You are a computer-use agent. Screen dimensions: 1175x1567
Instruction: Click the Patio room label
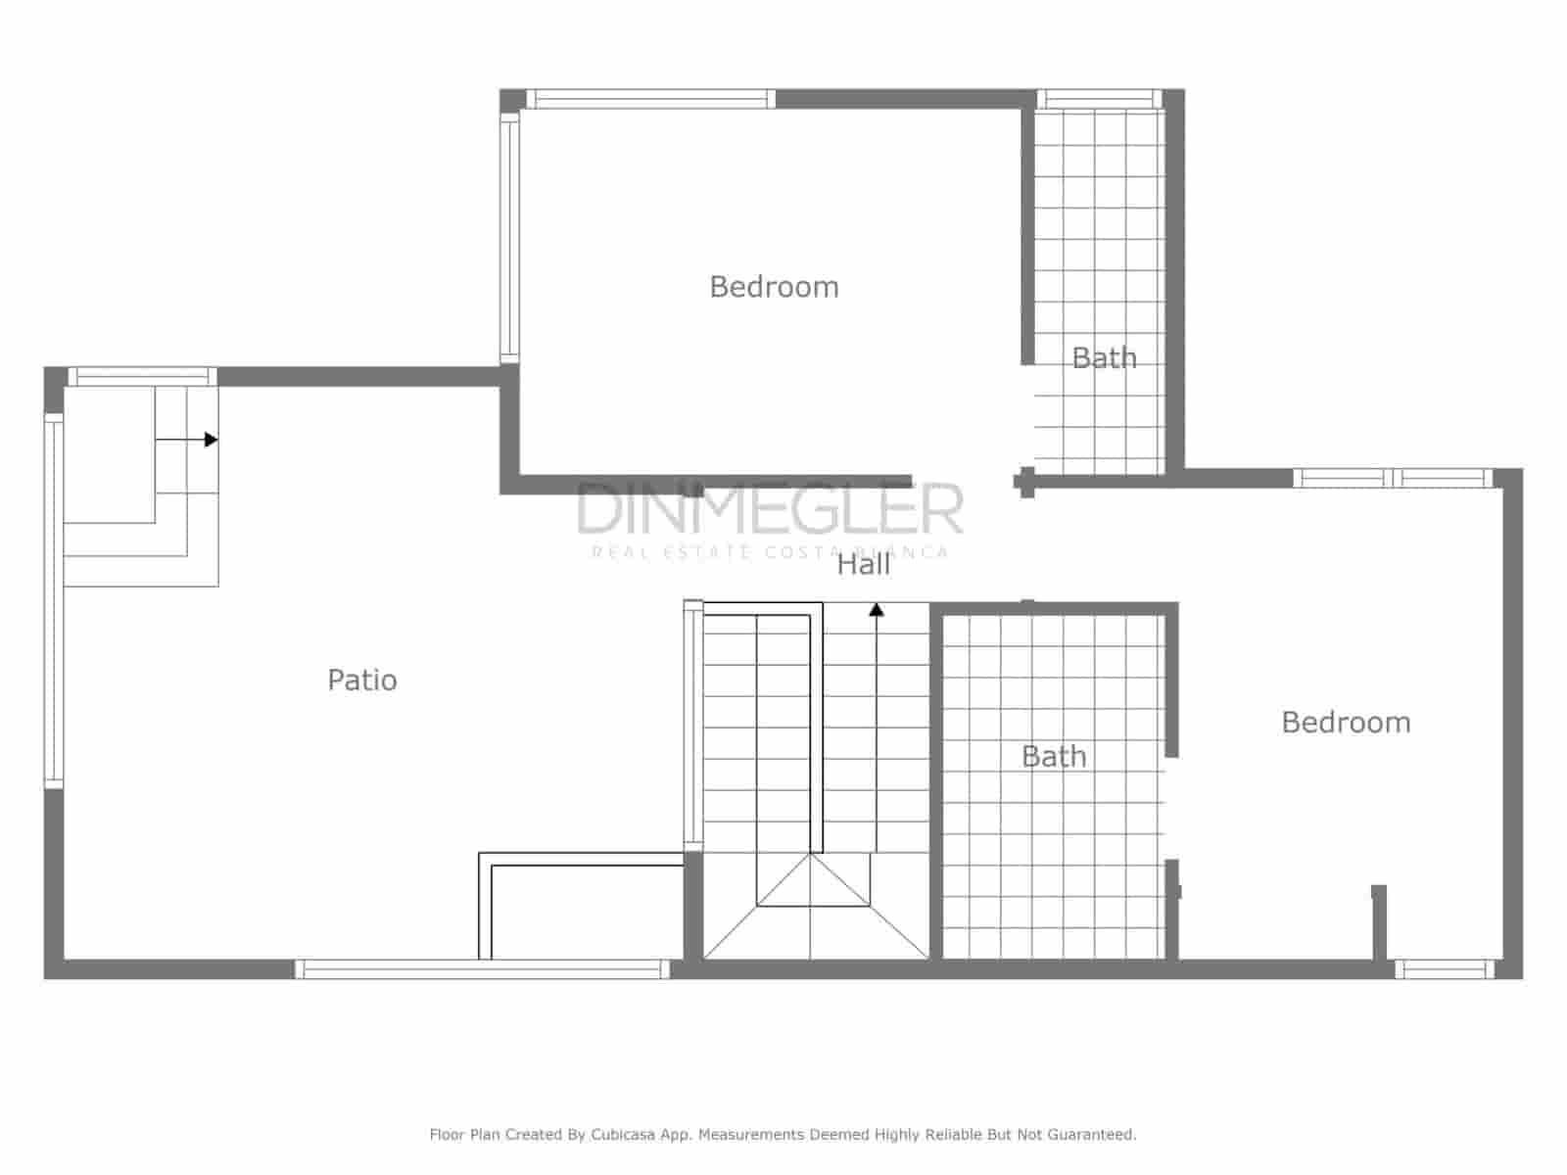(x=362, y=680)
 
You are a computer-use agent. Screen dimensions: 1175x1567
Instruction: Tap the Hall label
(x=863, y=564)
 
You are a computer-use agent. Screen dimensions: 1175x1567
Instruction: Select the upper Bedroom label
(x=774, y=287)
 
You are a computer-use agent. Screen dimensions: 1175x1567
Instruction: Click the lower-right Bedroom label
(x=1346, y=723)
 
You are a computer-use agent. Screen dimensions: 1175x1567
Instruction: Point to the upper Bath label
(x=1104, y=357)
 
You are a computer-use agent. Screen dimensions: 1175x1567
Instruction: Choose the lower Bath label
(x=1054, y=756)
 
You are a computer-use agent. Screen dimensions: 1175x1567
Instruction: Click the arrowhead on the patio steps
(x=210, y=441)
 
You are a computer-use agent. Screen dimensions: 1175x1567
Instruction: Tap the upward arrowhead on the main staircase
(x=877, y=610)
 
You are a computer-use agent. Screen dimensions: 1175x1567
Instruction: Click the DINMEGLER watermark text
(x=770, y=509)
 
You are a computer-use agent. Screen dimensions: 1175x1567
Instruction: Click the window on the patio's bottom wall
(x=482, y=969)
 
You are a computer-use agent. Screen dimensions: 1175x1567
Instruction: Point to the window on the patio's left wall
(x=54, y=599)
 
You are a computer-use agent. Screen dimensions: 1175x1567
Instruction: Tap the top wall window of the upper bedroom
(x=651, y=99)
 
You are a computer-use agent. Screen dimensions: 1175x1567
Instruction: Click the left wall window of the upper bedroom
(x=509, y=238)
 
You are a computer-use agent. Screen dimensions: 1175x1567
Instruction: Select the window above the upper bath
(x=1099, y=99)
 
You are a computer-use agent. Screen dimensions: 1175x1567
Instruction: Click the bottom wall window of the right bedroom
(x=1445, y=969)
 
